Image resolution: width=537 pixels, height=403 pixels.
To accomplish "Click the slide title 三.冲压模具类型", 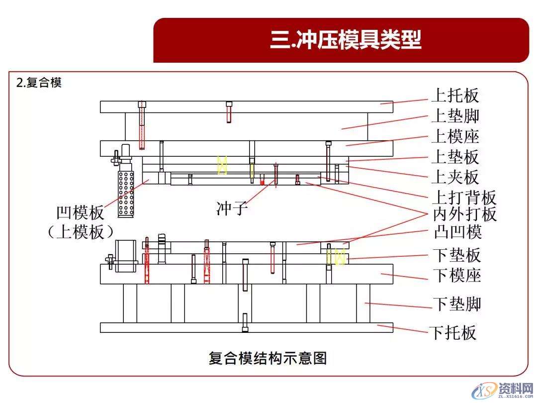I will pyautogui.click(x=346, y=40).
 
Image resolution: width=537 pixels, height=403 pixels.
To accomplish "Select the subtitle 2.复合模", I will pyautogui.click(x=39, y=83).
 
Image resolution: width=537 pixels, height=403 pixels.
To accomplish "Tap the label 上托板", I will pyautogui.click(x=455, y=95).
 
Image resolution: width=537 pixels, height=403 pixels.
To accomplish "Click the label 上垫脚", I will pyautogui.click(x=455, y=116).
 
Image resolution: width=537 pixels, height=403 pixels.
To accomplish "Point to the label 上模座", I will pyautogui.click(x=455, y=136).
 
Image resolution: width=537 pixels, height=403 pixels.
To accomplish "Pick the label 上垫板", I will pyautogui.click(x=455, y=157).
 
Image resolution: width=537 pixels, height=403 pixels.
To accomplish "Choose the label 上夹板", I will pyautogui.click(x=455, y=177).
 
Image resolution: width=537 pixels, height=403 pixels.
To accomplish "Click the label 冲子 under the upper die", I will pyautogui.click(x=232, y=208).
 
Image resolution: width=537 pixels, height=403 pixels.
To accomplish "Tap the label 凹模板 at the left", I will pyautogui.click(x=81, y=213).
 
